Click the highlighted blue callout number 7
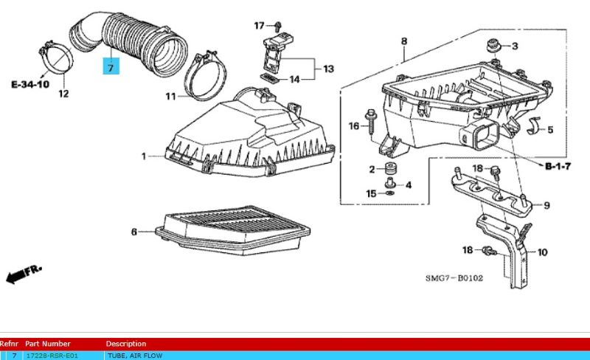[x=111, y=68]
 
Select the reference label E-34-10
[x=30, y=85]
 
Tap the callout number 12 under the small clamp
[x=63, y=94]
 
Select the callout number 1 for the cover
[x=145, y=156]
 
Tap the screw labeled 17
[x=275, y=27]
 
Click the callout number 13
[x=327, y=69]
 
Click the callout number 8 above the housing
[x=404, y=41]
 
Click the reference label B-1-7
[x=558, y=167]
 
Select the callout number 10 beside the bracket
[x=543, y=252]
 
